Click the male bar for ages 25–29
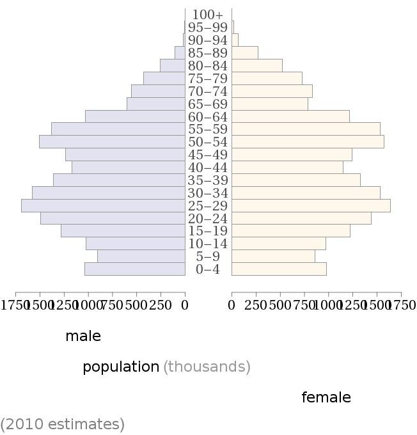pyautogui.click(x=103, y=205)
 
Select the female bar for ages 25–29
pyautogui.click(x=311, y=205)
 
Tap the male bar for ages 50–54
pyautogui.click(x=112, y=142)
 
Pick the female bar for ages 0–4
pyautogui.click(x=279, y=269)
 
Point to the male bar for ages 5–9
pyautogui.click(x=141, y=257)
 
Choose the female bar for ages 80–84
pyautogui.click(x=257, y=65)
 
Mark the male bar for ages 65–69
pyautogui.click(x=156, y=104)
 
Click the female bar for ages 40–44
pyautogui.click(x=287, y=167)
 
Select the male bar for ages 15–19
pyautogui.click(x=123, y=231)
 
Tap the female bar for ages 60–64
pyautogui.click(x=290, y=116)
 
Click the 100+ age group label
pyautogui.click(x=208, y=15)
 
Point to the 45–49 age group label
pyautogui.click(x=208, y=155)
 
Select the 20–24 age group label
pyautogui.click(x=208, y=218)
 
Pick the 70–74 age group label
pyautogui.click(x=208, y=91)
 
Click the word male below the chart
pyautogui.click(x=83, y=336)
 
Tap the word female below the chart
pyautogui.click(x=326, y=397)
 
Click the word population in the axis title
pyautogui.click(x=121, y=367)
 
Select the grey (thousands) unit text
pyautogui.click(x=207, y=367)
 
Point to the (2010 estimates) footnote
pyautogui.click(x=63, y=423)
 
